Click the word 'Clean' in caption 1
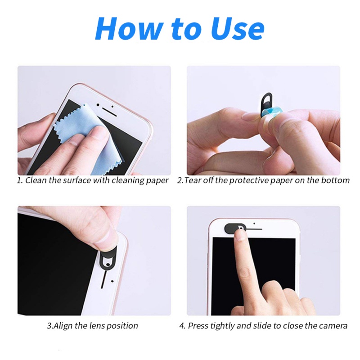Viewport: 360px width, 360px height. (x=36, y=180)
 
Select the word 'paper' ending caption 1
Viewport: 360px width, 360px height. (x=158, y=180)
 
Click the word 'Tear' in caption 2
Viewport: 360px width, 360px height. (x=193, y=180)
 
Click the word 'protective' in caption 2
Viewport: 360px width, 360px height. (x=249, y=180)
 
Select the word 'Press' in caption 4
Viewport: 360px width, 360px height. (x=199, y=325)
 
